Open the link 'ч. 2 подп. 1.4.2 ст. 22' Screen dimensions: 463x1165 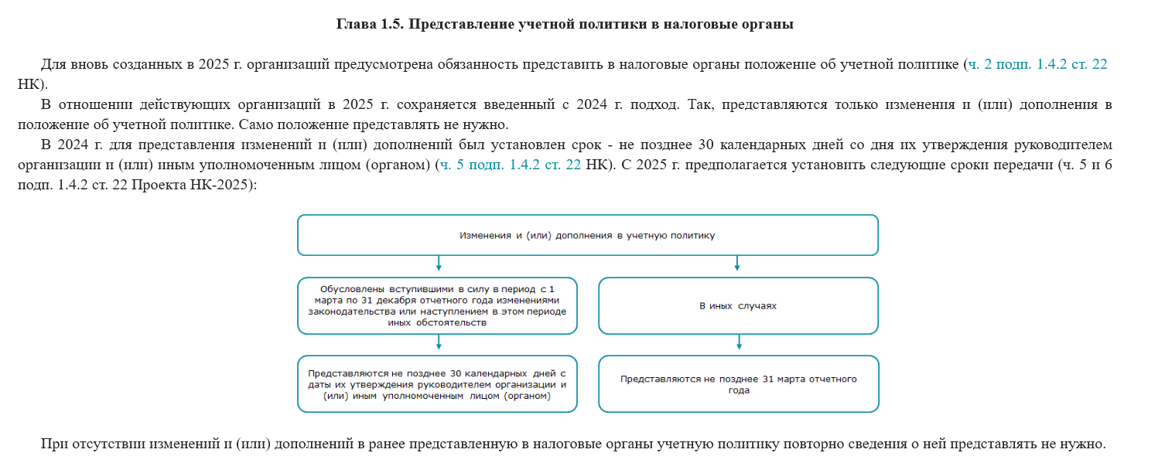tap(1037, 64)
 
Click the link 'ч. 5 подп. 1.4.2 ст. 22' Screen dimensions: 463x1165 tap(510, 165)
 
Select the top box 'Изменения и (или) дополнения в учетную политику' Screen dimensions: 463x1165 tap(587, 235)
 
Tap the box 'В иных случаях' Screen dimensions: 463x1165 tap(737, 305)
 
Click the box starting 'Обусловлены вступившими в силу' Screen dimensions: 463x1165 tap(437, 305)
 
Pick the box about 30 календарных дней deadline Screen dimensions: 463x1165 tap(437, 383)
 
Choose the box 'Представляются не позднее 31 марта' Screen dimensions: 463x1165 tap(737, 383)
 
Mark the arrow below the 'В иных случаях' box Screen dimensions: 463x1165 tap(740, 343)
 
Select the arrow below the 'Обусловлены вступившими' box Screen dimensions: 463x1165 tap(439, 343)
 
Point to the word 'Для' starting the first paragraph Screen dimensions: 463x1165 tap(53, 64)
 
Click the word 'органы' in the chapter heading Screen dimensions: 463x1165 tap(767, 24)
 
